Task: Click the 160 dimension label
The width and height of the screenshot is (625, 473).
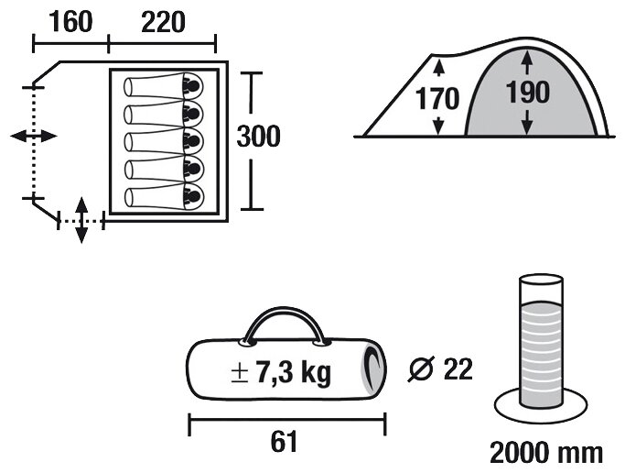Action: coord(71,22)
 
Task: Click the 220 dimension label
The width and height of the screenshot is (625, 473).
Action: coord(163,22)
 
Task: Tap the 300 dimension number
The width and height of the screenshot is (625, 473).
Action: coord(259,137)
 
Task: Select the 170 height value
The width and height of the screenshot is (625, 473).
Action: coord(437,99)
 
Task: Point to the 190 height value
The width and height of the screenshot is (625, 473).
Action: coord(528,93)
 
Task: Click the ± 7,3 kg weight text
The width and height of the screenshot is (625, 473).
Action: coord(281,373)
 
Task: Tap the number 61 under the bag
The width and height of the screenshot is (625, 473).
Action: coord(284,442)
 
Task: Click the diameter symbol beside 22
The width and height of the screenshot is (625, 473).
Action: coord(421,369)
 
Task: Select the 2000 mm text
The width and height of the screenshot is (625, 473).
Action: coord(546,453)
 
